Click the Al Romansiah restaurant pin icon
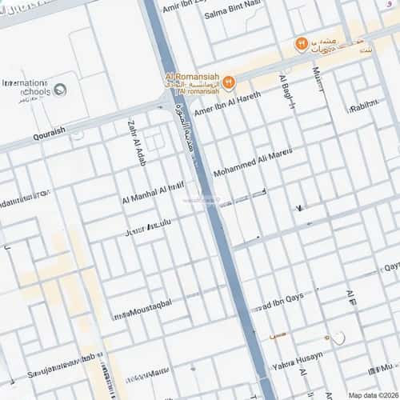[229, 81]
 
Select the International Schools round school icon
[59, 88]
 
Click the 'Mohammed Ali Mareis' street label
[253, 162]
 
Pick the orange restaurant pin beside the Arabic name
[302, 43]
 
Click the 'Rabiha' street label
[363, 105]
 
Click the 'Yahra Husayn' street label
[298, 361]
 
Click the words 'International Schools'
[26, 86]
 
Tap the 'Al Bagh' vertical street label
[286, 90]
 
